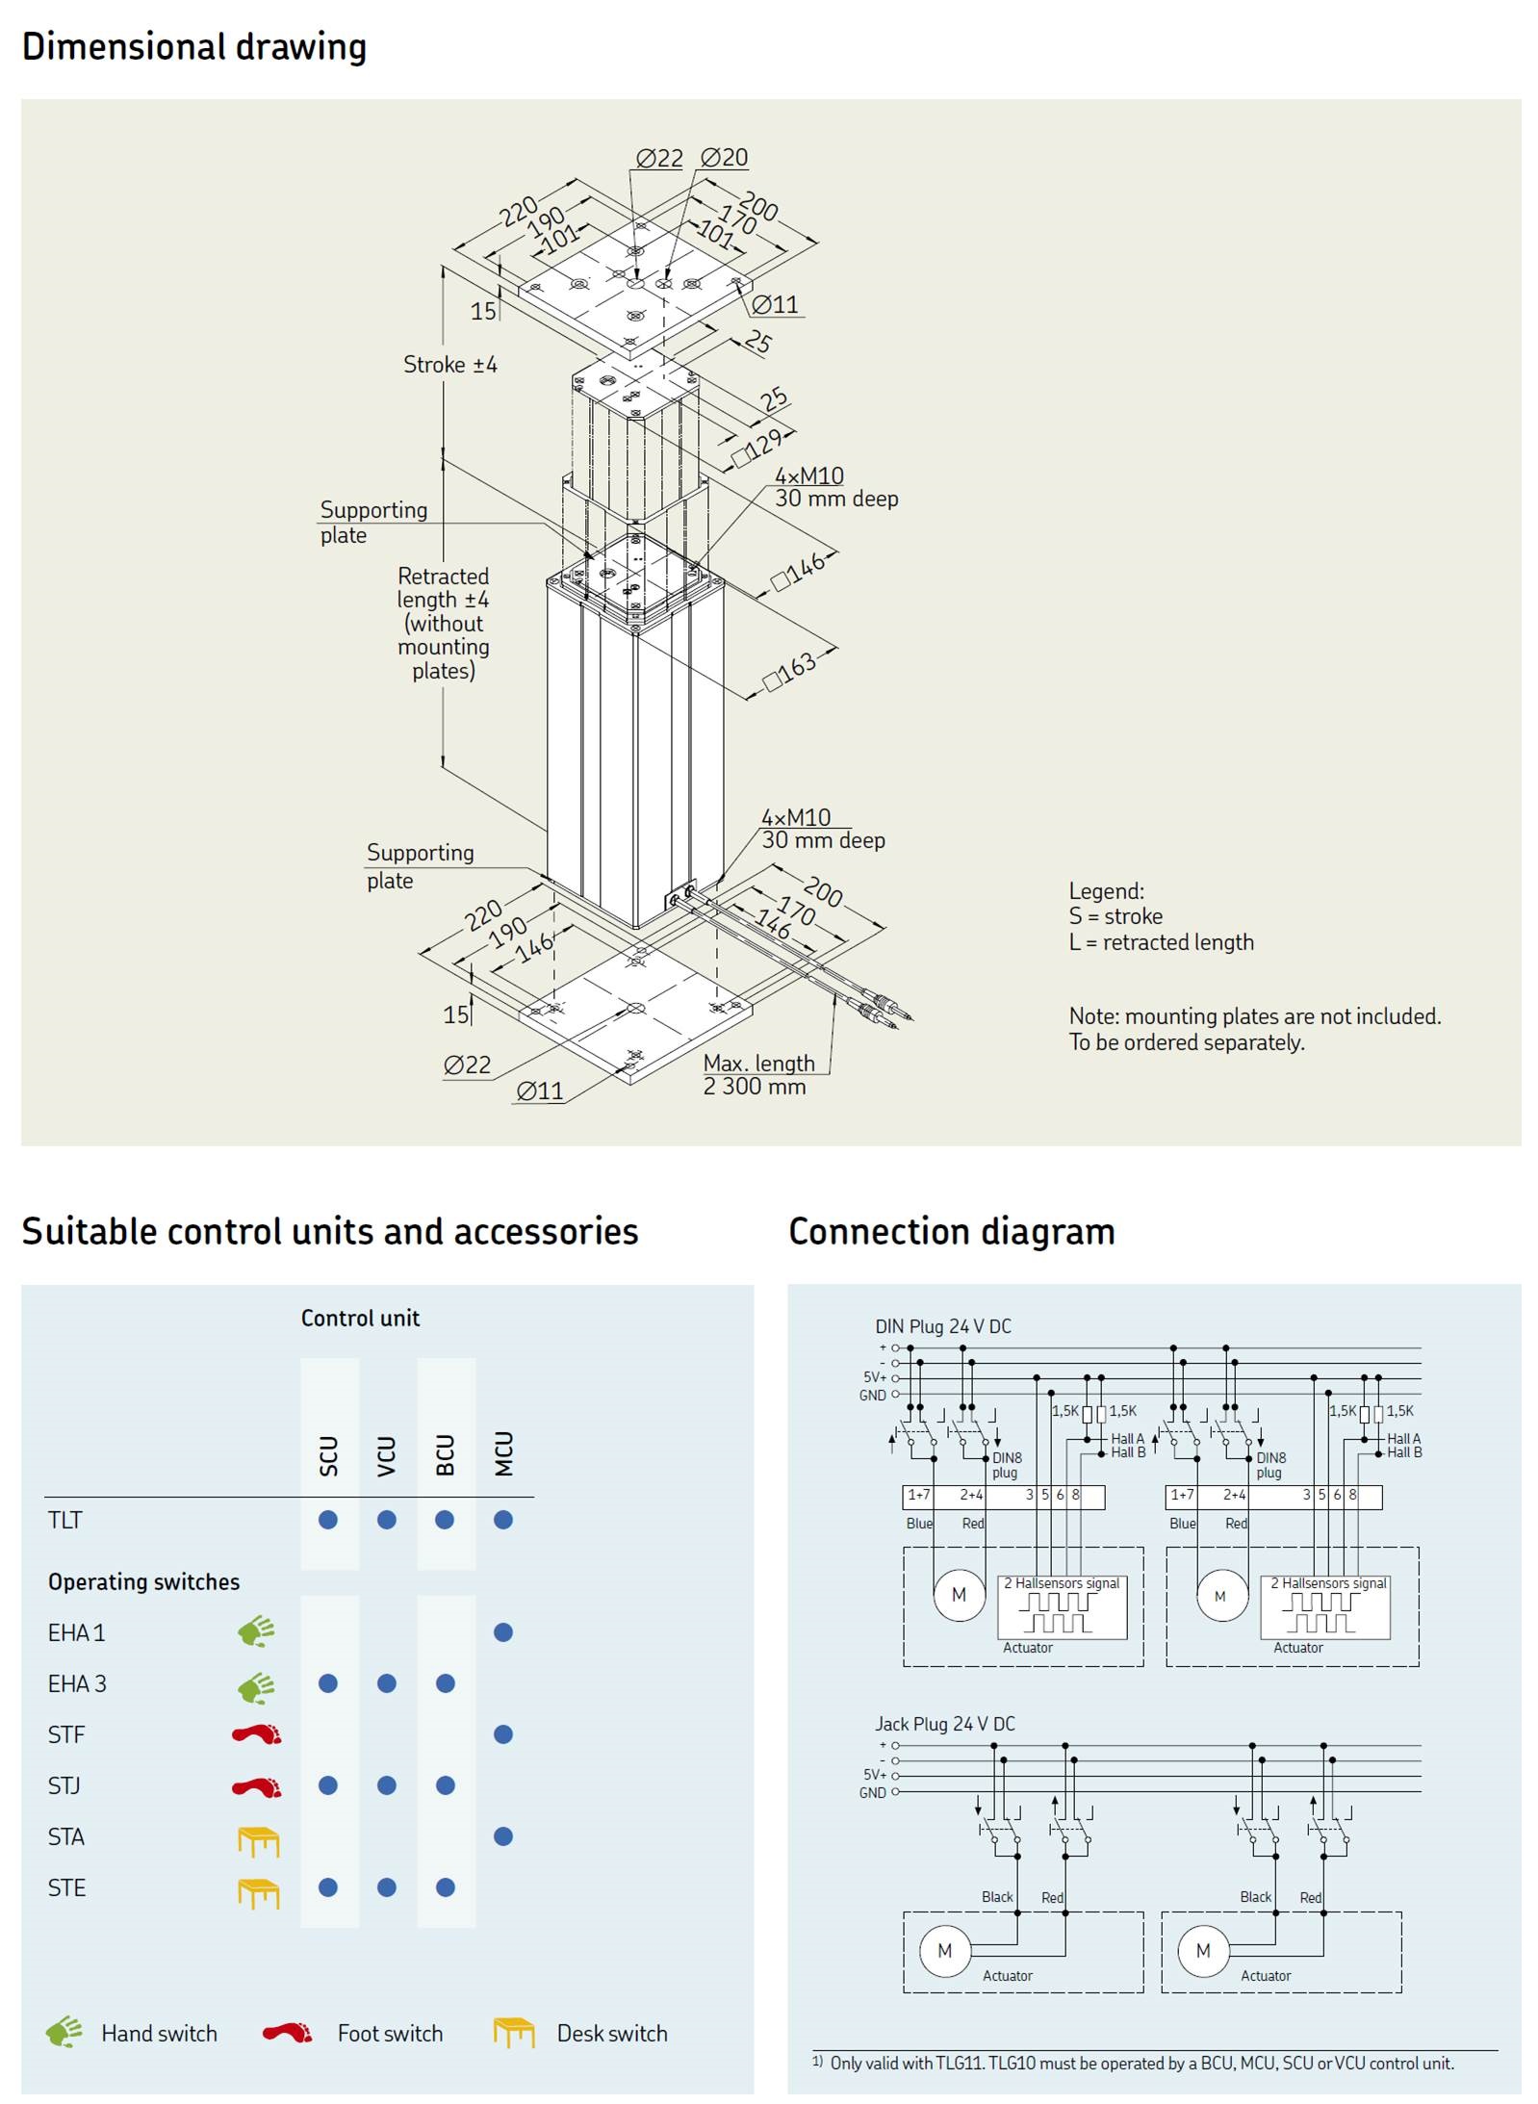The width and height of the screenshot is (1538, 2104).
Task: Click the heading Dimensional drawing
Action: coord(193,46)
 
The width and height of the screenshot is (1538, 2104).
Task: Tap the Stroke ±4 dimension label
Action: coord(449,365)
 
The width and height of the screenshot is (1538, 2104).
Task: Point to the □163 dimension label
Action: coord(790,670)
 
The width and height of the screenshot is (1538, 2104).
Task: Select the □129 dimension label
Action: coord(757,448)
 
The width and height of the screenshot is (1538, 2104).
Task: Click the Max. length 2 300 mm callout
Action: coord(757,1074)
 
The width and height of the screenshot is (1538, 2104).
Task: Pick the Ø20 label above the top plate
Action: coord(724,157)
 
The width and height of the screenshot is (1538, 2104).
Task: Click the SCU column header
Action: coord(329,1455)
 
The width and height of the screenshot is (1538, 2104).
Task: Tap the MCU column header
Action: coord(503,1453)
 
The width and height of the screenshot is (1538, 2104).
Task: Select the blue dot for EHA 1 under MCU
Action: coord(502,1632)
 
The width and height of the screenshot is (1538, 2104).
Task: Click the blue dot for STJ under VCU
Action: coord(387,1785)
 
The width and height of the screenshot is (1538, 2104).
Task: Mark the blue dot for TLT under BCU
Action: coord(445,1520)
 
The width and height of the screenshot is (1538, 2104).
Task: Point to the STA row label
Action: coord(66,1836)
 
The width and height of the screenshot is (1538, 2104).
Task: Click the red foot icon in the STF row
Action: coord(257,1734)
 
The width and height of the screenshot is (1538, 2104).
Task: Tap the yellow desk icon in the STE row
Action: coord(258,1892)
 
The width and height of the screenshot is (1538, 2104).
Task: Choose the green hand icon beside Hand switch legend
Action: coord(64,2032)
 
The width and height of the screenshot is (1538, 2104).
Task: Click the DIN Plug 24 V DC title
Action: coord(942,1326)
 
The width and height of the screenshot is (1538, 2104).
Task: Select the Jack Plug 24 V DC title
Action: coord(944,1724)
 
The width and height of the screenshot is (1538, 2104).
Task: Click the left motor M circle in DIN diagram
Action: coord(959,1595)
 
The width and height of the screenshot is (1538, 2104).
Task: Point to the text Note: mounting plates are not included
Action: coord(1254,1016)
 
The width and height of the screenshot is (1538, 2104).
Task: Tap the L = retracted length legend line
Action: coord(1161,942)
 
